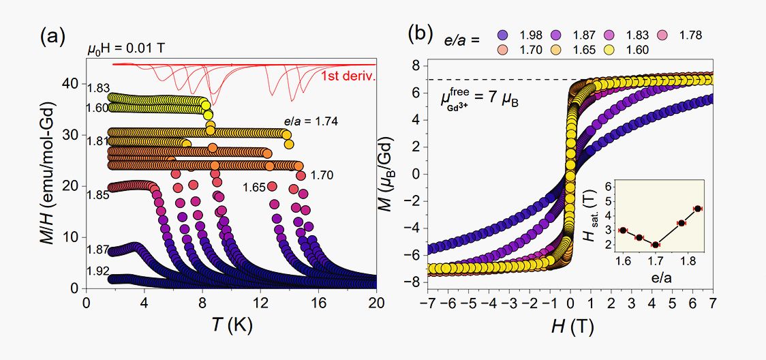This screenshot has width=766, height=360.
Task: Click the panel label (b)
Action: pyautogui.click(x=420, y=33)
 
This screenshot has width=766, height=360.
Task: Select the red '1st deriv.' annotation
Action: pyautogui.click(x=348, y=77)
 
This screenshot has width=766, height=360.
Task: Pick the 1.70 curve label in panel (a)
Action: pyautogui.click(x=322, y=175)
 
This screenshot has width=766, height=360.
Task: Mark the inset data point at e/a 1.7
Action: pyautogui.click(x=656, y=245)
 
